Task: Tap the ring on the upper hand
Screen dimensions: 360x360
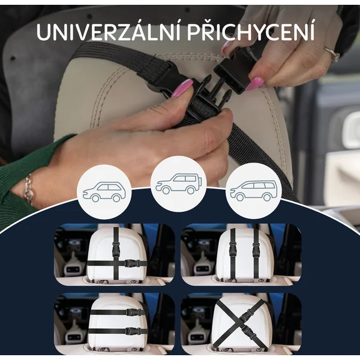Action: (332, 54)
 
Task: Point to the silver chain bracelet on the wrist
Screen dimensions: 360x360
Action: (28, 190)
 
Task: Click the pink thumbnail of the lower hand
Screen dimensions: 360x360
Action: (183, 88)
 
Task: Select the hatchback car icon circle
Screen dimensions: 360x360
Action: (104, 192)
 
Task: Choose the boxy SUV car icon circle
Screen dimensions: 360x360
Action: (178, 184)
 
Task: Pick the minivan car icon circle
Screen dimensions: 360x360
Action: (254, 191)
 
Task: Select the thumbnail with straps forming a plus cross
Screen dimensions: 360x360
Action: (115, 254)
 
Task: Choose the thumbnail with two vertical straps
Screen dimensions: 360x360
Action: (241, 254)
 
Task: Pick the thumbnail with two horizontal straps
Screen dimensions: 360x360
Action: (115, 324)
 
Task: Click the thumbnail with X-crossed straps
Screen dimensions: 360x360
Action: (241, 324)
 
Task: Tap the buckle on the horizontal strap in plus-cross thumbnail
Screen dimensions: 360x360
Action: (132, 263)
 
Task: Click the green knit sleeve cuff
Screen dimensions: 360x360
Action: (23, 179)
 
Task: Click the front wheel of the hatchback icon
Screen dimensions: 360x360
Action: (95, 198)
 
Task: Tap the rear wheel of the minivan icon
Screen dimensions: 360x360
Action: (266, 197)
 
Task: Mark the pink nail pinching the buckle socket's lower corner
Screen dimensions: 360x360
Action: (257, 83)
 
